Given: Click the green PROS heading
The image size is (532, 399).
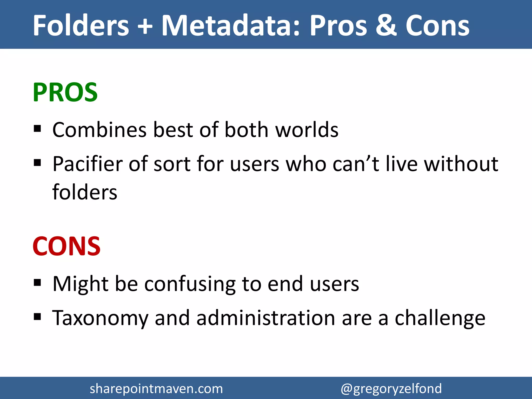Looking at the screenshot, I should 65,92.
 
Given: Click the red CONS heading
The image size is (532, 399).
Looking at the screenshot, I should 66,246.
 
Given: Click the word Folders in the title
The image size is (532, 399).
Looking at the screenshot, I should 81,25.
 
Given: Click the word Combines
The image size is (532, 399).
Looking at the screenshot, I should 99,130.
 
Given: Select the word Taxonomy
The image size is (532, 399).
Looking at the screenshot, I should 100,318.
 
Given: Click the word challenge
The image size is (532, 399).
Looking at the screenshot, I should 440,318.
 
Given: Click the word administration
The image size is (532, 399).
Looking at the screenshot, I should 265,318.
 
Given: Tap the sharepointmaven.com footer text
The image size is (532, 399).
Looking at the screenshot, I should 156,389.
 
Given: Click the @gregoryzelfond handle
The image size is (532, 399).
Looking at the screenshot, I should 391,389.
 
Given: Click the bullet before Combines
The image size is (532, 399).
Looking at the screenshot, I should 37,129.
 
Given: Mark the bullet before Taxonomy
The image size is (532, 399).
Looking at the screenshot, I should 37,317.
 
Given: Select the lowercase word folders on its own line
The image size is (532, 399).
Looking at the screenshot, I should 85,192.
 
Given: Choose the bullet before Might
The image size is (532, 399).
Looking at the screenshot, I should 37,282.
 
